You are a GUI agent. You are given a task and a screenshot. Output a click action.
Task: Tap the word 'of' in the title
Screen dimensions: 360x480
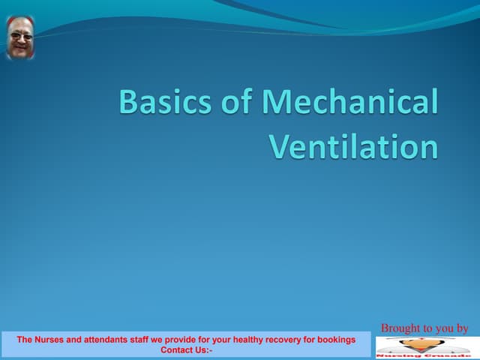click(x=232, y=103)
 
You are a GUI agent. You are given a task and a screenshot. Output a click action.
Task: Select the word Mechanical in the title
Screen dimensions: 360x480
click(x=348, y=103)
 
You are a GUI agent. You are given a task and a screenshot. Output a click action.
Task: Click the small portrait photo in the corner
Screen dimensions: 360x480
click(x=20, y=37)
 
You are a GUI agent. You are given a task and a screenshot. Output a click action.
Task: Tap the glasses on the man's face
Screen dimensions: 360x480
click(x=20, y=35)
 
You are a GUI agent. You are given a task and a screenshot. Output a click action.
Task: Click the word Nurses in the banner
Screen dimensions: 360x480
click(x=49, y=340)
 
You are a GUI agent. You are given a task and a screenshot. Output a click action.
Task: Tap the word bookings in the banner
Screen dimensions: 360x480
click(x=337, y=340)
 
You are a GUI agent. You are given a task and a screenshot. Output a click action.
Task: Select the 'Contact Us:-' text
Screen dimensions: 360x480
click(x=186, y=349)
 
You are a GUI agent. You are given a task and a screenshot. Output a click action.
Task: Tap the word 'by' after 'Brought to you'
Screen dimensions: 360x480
click(x=461, y=328)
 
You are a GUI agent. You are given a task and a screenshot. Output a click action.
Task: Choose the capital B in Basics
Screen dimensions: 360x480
click(x=128, y=103)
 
